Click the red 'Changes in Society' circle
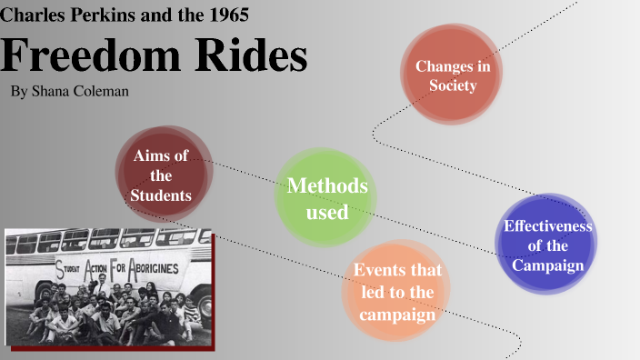tap(452, 75)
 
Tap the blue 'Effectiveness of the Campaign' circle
tap(547, 245)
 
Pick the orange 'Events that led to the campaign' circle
tap(397, 293)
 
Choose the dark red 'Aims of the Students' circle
tap(163, 175)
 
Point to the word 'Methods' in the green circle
tap(327, 186)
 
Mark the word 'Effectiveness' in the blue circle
tap(547, 225)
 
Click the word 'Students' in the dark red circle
tap(161, 195)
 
